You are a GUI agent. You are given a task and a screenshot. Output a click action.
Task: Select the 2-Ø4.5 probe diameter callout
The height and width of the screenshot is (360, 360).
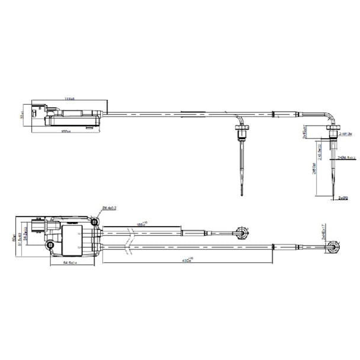344,158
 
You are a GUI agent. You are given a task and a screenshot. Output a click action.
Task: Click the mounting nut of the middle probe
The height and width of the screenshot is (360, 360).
242,129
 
